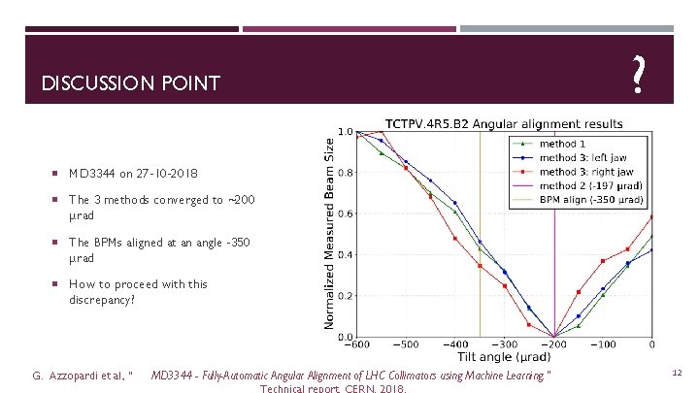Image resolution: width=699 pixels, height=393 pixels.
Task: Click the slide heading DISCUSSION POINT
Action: (x=131, y=84)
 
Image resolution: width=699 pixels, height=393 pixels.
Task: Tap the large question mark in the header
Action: (x=638, y=74)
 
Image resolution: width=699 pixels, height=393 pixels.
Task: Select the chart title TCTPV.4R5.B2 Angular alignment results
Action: (x=504, y=123)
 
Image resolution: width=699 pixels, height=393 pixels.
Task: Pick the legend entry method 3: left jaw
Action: (x=582, y=157)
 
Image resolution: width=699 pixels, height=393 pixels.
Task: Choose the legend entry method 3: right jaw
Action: (x=585, y=171)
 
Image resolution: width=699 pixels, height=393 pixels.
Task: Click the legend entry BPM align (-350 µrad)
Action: (x=591, y=198)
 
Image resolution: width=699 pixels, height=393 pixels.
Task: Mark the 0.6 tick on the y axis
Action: (x=346, y=214)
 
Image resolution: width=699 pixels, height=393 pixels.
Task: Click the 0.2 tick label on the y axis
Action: (x=346, y=296)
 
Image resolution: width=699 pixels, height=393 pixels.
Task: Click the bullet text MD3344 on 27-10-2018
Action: (x=133, y=174)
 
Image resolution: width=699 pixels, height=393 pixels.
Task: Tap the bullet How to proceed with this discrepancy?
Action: (x=137, y=291)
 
